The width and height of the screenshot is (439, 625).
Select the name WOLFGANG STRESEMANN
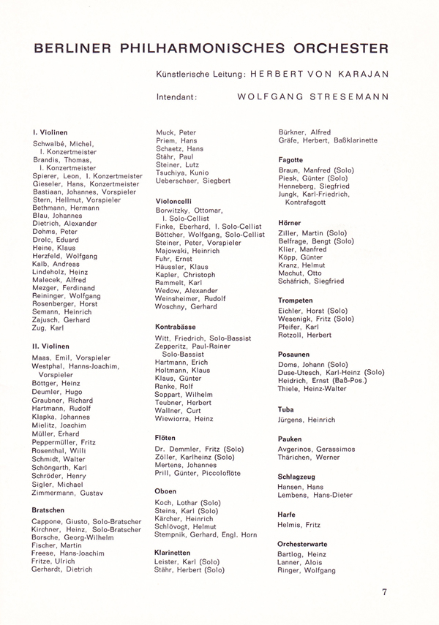pos(313,96)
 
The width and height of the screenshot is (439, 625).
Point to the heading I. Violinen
pos(50,132)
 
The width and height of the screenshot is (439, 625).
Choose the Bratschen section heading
pos(49,510)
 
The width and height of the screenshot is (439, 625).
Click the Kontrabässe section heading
pos(176,327)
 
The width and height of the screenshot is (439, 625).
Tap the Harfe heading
pos(287,515)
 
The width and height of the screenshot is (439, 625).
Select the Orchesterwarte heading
pos(302,544)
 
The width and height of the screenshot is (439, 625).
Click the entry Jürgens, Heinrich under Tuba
pos(307,420)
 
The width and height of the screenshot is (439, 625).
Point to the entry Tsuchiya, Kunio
pos(181,173)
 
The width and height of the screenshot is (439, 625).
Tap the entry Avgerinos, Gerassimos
pos(316,449)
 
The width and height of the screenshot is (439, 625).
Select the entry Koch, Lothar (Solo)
pos(189,503)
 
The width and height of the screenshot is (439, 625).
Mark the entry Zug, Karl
pos(48,328)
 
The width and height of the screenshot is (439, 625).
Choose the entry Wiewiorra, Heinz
pos(184,419)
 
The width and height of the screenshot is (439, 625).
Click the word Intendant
pos(177,96)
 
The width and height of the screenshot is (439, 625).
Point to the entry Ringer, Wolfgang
pos(307,569)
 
